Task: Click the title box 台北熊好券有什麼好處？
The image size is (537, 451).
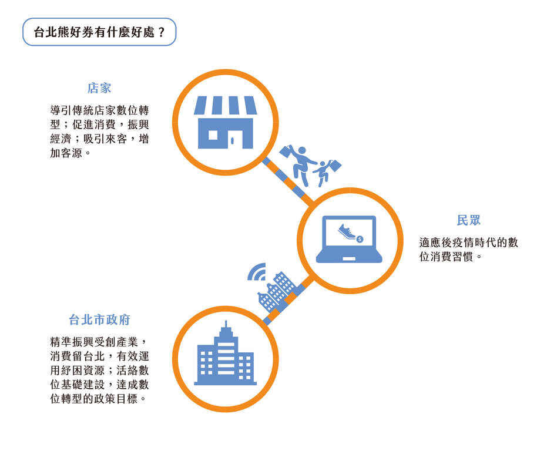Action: [x=99, y=32]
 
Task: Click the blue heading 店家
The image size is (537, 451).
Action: [x=99, y=88]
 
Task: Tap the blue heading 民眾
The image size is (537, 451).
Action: [x=468, y=220]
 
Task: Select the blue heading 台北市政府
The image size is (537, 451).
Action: [x=99, y=319]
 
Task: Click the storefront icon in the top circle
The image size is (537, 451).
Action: [x=226, y=122]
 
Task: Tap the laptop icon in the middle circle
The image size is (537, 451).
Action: [x=349, y=239]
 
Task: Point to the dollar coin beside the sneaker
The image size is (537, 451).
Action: [x=360, y=239]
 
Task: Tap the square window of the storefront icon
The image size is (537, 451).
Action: [x=213, y=135]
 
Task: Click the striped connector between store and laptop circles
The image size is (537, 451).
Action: [x=288, y=182]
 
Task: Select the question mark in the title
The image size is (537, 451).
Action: [x=162, y=32]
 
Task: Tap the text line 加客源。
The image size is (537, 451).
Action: [x=70, y=153]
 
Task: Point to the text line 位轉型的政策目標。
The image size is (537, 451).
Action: [x=98, y=399]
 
